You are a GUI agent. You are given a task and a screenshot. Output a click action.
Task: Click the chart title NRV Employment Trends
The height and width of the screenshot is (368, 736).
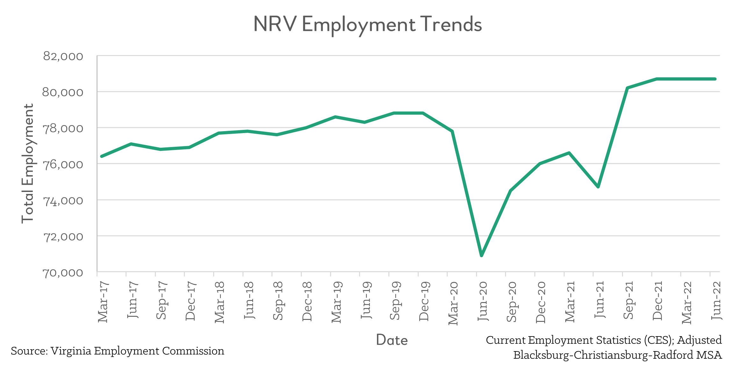[x=367, y=25]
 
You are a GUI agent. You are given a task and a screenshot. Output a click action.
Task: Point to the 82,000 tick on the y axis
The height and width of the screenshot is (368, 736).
[x=63, y=56]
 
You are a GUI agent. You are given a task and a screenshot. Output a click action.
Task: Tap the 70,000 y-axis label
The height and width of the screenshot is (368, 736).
[x=63, y=273]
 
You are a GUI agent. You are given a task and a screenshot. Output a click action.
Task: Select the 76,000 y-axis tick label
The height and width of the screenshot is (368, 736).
[x=63, y=165]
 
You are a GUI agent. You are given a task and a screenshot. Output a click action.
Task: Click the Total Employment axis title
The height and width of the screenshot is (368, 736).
[x=28, y=163]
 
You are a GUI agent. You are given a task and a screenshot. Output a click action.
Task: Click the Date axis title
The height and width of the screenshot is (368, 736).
[x=392, y=340]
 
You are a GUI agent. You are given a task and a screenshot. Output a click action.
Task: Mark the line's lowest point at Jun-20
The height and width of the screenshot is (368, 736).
[x=481, y=255]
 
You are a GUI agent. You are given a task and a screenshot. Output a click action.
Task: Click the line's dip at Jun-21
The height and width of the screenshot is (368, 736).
[x=598, y=187]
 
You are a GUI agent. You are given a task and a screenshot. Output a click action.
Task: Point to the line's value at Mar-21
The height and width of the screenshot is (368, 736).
[x=569, y=153]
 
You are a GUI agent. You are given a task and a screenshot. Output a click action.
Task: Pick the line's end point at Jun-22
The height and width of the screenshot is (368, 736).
[x=715, y=79]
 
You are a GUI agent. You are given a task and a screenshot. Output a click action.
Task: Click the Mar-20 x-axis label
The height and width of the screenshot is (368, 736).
[x=453, y=303]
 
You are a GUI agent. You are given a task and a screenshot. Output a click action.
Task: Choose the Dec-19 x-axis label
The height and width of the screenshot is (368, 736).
[x=424, y=301]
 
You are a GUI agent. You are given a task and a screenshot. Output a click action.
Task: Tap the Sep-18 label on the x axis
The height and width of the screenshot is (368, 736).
[x=278, y=301]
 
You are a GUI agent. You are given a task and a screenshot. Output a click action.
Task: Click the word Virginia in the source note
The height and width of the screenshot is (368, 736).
[x=71, y=351]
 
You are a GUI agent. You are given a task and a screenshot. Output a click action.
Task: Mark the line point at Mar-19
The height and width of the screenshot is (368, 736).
[x=336, y=117]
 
